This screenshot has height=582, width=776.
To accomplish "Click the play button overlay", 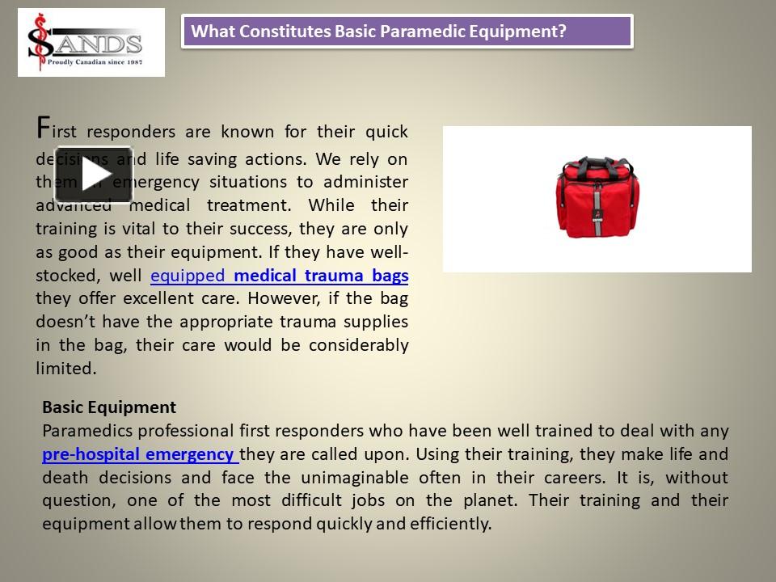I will [x=94, y=175].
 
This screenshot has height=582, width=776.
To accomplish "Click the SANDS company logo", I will [x=91, y=42].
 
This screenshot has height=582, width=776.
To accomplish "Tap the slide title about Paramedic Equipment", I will [x=378, y=32].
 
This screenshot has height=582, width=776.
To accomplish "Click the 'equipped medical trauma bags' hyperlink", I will [x=280, y=276].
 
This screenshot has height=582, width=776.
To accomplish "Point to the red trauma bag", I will [x=597, y=198].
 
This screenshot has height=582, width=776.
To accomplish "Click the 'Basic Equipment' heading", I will [x=108, y=407].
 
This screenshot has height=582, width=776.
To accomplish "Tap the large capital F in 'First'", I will [x=44, y=128].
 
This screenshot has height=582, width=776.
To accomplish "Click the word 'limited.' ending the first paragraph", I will [x=66, y=369].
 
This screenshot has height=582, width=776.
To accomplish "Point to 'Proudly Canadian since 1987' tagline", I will [x=95, y=61].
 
